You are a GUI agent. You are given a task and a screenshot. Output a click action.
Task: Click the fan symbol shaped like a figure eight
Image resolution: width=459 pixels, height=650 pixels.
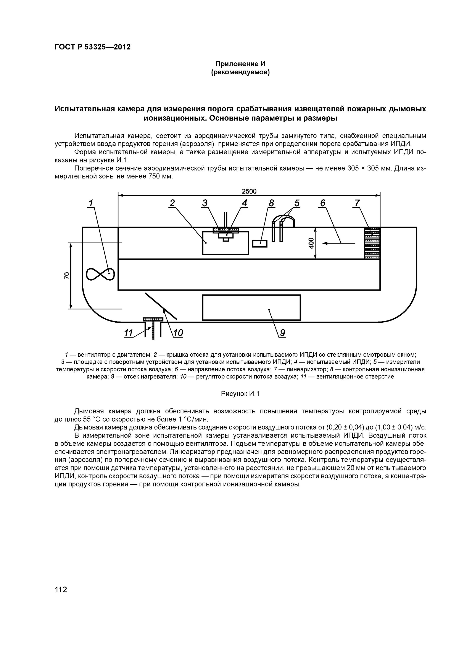click(100, 274)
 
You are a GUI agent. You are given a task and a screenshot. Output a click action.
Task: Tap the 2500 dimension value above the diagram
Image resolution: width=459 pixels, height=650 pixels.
click(249, 191)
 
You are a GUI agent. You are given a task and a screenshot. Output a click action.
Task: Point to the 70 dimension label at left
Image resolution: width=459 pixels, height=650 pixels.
click(67, 275)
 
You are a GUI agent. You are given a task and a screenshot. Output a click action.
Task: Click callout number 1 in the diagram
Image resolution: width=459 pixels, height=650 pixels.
click(91, 203)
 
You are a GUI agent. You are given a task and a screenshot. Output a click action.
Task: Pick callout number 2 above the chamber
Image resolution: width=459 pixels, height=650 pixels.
click(172, 203)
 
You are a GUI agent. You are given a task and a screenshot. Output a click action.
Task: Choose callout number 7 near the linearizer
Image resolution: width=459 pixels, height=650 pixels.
click(357, 203)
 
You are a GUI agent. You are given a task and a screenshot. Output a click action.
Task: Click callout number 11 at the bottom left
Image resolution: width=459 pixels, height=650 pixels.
click(129, 333)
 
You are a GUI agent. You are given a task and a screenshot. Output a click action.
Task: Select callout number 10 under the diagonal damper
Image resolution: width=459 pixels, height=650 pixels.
click(178, 333)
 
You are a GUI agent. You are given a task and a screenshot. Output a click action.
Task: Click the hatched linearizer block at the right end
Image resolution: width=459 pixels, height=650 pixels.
click(372, 243)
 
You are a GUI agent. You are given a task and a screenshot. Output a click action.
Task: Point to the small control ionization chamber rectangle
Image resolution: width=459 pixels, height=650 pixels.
click(260, 244)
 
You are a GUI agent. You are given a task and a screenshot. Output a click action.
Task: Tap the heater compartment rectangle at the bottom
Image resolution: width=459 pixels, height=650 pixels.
click(251, 307)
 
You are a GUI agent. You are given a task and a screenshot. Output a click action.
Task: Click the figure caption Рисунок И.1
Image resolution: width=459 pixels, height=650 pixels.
click(240, 394)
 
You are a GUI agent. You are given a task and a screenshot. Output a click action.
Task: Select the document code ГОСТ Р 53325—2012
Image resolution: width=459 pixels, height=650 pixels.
click(92, 47)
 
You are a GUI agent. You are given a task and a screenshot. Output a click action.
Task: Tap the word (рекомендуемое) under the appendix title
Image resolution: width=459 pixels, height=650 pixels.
click(240, 72)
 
